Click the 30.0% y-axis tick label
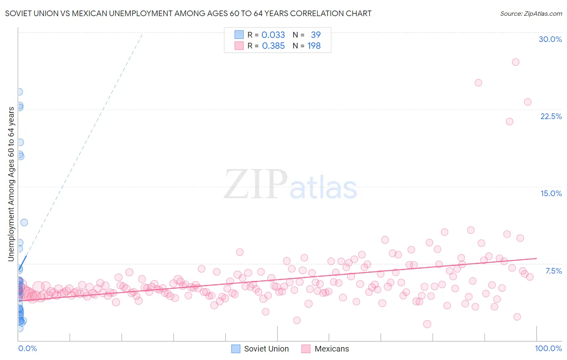click(550, 39)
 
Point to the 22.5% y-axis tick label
click(551, 116)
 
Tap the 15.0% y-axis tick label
click(551, 193)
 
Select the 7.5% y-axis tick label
click(553, 271)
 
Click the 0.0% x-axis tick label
click(27, 348)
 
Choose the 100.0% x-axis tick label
click(548, 348)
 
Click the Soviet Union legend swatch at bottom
click(236, 349)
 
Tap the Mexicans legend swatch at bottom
click(306, 349)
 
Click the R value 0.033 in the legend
click(273, 35)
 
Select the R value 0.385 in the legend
click(273, 46)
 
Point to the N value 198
click(314, 46)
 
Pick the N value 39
click(315, 35)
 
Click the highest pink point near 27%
click(515, 62)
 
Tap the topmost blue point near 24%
click(19, 92)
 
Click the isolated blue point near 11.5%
click(24, 222)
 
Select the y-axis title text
click(11, 184)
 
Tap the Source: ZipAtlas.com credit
click(531, 13)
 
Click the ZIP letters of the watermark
click(256, 184)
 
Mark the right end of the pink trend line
click(536, 258)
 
